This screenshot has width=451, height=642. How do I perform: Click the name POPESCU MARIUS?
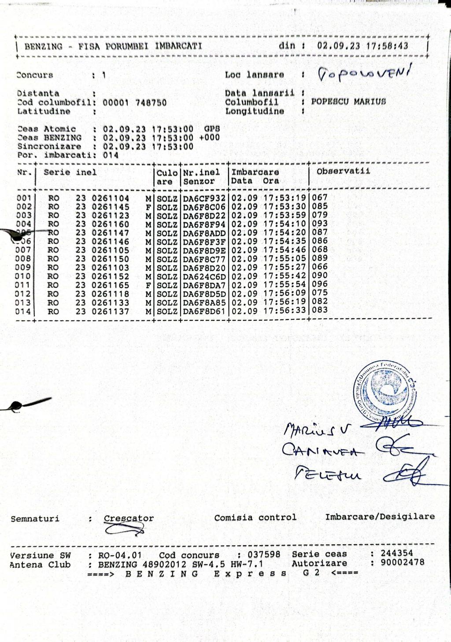(x=348, y=102)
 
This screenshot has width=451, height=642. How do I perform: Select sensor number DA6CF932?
(x=204, y=198)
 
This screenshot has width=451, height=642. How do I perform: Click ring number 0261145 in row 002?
(x=110, y=207)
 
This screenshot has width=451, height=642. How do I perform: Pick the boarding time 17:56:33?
(x=285, y=311)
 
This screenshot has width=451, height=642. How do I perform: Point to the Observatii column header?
(x=343, y=172)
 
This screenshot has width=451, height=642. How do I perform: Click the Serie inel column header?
(x=70, y=172)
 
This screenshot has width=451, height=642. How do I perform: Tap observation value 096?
(x=320, y=284)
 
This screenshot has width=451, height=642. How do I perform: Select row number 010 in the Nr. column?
(x=24, y=276)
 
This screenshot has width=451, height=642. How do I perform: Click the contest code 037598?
(x=264, y=554)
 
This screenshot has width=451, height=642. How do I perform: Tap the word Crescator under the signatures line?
(x=129, y=518)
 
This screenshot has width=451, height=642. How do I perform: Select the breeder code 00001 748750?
(x=134, y=103)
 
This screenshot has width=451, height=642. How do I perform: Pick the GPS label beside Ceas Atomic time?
(x=211, y=129)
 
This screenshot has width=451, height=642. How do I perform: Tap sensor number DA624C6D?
(x=204, y=276)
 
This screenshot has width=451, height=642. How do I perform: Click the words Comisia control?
(x=255, y=517)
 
